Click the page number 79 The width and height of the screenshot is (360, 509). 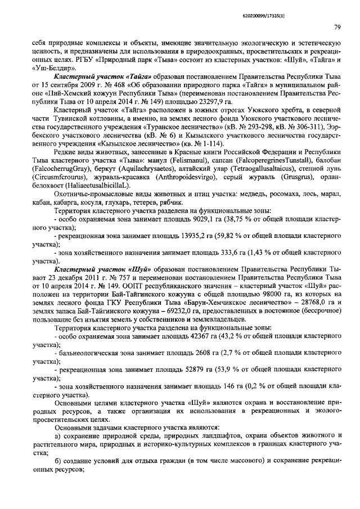(337, 26)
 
